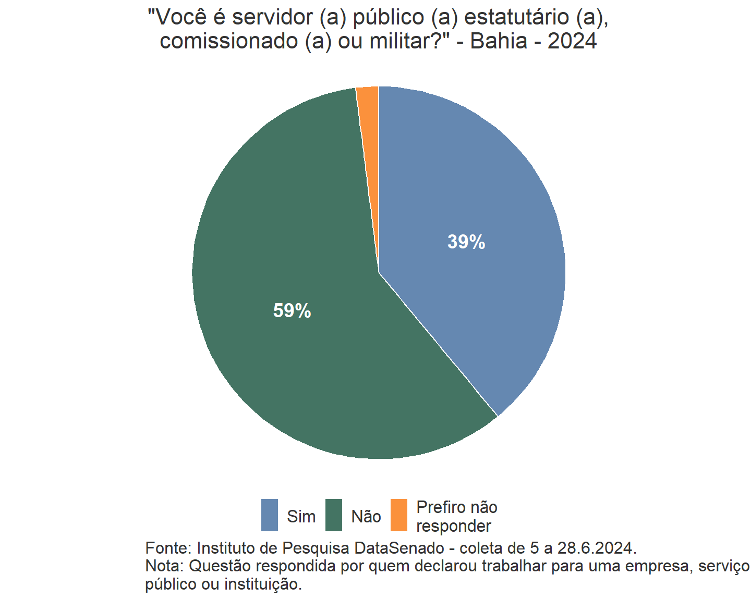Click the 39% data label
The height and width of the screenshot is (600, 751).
pyautogui.click(x=466, y=242)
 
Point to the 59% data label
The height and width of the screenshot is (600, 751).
pyautogui.click(x=292, y=311)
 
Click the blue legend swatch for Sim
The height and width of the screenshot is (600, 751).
pyautogui.click(x=270, y=515)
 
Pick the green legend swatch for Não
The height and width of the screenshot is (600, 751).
pyautogui.click(x=334, y=515)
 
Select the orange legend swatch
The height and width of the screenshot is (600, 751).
pyautogui.click(x=399, y=515)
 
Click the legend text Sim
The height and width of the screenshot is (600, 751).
pyautogui.click(x=301, y=517)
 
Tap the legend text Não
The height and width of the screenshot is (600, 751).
pyautogui.click(x=366, y=517)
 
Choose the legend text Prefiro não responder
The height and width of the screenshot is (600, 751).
pyautogui.click(x=456, y=517)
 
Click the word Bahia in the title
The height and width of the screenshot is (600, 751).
pyautogui.click(x=499, y=41)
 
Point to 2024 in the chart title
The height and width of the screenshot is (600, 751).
pyautogui.click(x=572, y=41)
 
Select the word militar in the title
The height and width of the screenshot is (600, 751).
pyautogui.click(x=406, y=41)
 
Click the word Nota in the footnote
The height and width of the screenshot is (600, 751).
pyautogui.click(x=163, y=566)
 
